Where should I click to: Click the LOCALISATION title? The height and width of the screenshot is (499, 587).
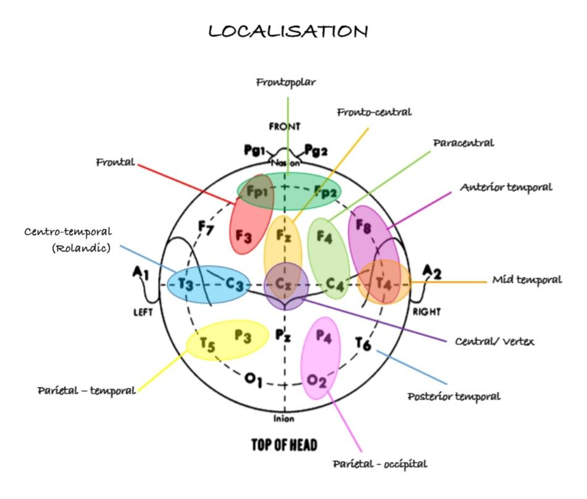[x=288, y=31]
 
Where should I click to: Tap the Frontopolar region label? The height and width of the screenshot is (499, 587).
[x=286, y=83]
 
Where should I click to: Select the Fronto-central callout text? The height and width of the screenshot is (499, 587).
[x=375, y=112]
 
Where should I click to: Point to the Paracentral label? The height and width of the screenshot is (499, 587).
[x=464, y=143]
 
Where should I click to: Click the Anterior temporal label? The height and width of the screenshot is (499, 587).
[x=506, y=187]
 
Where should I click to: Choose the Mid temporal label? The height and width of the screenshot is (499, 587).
[x=527, y=280]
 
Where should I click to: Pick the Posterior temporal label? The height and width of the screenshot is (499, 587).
[x=454, y=396]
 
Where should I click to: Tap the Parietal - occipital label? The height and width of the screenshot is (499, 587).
[x=380, y=464]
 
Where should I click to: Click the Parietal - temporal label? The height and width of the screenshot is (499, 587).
[x=86, y=391]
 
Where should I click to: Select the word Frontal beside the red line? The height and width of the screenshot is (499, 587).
[x=115, y=162]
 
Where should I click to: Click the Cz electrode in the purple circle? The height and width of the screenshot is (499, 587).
[x=283, y=283]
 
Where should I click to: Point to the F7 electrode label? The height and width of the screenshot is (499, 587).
[x=206, y=227]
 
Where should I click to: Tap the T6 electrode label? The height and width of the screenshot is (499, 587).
[x=363, y=343]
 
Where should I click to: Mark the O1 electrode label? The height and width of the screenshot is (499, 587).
[x=254, y=380]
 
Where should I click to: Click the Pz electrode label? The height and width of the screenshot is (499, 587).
[x=283, y=335]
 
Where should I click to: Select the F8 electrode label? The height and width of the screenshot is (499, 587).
[x=363, y=226]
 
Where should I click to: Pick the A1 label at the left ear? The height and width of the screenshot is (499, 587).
[x=141, y=273]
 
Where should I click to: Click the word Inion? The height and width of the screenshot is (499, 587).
[x=284, y=419]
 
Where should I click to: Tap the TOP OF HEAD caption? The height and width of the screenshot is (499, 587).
[x=284, y=445]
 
